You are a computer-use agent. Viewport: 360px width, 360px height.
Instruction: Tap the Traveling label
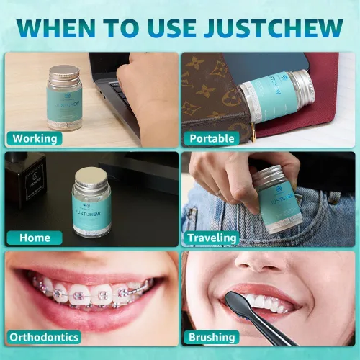[212, 238]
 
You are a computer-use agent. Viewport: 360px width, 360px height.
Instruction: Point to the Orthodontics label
[44, 337]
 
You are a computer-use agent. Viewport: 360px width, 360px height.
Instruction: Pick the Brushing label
[212, 337]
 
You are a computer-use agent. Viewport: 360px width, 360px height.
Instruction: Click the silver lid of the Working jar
[65, 72]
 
